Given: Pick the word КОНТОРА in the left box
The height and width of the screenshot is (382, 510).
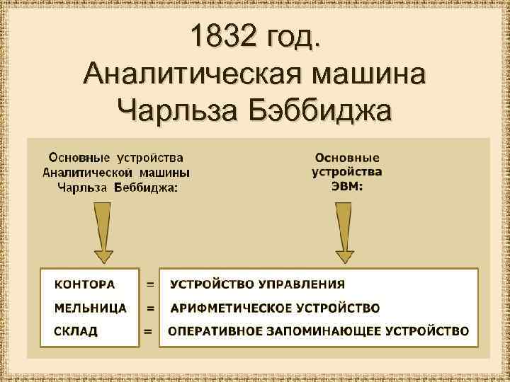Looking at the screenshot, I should coord(84,284).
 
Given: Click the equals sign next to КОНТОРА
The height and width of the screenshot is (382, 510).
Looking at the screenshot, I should coord(150,284).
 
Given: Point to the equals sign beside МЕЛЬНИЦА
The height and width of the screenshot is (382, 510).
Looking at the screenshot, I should coord(150,308).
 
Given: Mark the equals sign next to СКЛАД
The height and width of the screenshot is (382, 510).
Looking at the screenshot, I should coord(149,330).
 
